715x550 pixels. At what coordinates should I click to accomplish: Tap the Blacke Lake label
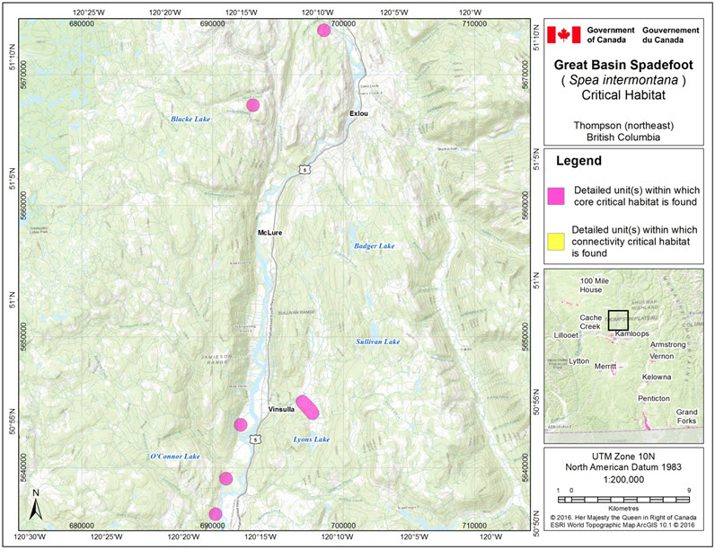click(x=190, y=119)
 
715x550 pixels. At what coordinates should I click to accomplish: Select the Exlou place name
click(x=359, y=113)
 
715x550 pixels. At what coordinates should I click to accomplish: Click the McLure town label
click(x=269, y=233)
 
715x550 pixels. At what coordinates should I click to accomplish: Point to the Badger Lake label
click(x=374, y=245)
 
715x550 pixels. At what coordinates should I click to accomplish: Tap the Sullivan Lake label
click(x=375, y=342)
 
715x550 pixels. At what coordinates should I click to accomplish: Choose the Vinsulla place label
click(x=281, y=410)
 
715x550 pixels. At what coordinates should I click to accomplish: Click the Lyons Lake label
click(x=312, y=439)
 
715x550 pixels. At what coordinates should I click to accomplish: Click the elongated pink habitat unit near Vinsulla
click(x=307, y=407)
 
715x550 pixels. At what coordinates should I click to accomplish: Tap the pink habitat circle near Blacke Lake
click(x=254, y=105)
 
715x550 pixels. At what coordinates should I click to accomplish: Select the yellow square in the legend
click(x=555, y=241)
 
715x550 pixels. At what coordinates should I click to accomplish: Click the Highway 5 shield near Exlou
click(x=306, y=168)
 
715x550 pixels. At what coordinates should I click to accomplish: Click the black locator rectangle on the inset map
click(x=617, y=320)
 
